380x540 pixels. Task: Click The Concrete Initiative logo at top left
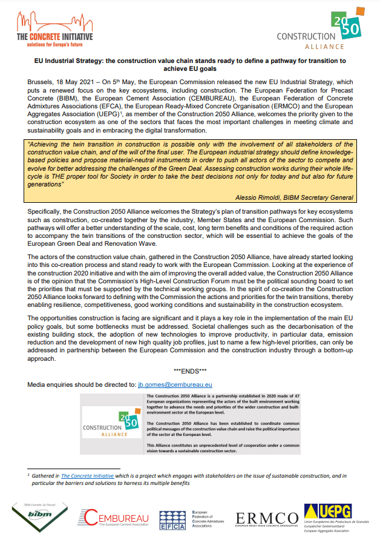(x=54, y=30)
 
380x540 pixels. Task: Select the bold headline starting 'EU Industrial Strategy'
(x=189, y=65)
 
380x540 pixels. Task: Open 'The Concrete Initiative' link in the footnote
(x=87, y=476)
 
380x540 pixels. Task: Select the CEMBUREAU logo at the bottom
(x=115, y=518)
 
